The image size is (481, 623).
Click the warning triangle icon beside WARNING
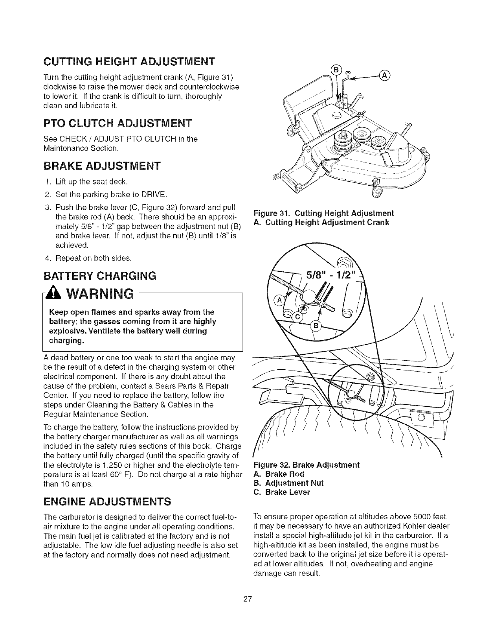54,293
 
